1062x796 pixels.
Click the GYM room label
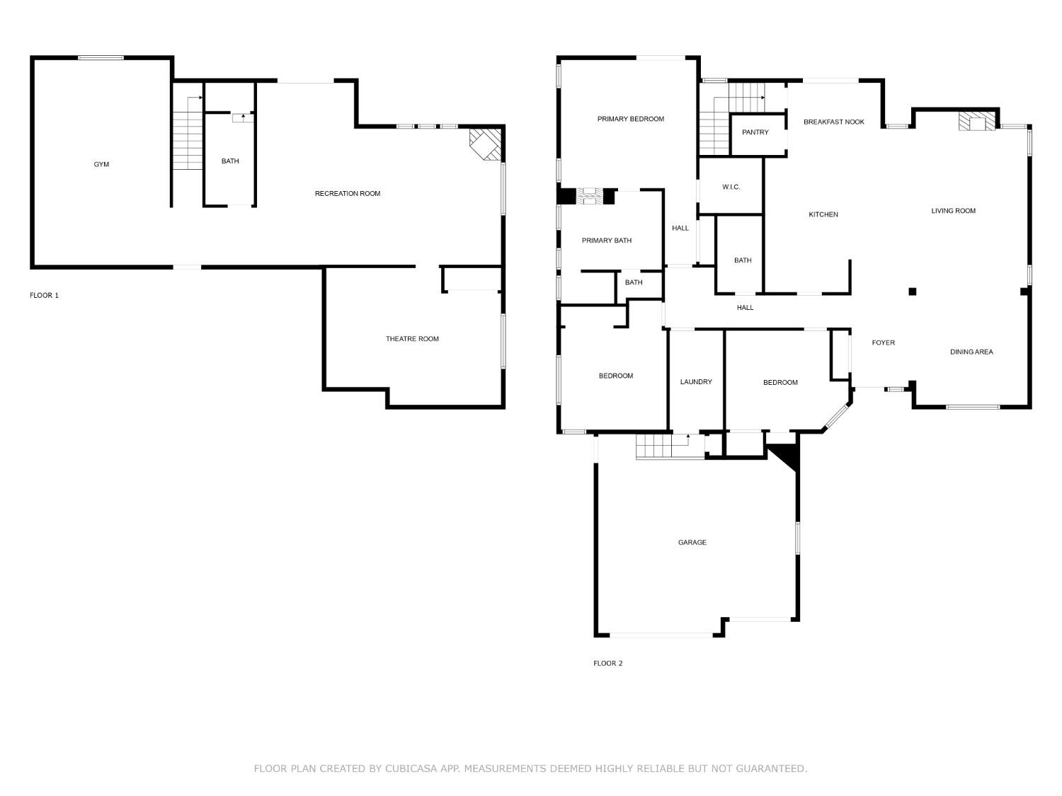101,164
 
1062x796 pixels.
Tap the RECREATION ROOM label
347,193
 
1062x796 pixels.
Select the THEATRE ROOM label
412,339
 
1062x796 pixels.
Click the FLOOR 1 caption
44,295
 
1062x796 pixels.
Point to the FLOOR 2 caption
607,663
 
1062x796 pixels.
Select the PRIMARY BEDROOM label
630,119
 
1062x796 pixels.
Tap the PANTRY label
755,132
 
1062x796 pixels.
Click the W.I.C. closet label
731,187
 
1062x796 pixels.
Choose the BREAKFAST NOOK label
833,122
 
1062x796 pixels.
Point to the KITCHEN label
823,214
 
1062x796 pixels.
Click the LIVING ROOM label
953,210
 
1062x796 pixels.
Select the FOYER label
883,342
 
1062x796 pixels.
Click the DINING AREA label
971,352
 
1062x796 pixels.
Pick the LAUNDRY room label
695,382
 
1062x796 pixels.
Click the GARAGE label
692,543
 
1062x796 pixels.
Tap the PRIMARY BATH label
606,241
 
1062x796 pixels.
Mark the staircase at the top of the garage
662,447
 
